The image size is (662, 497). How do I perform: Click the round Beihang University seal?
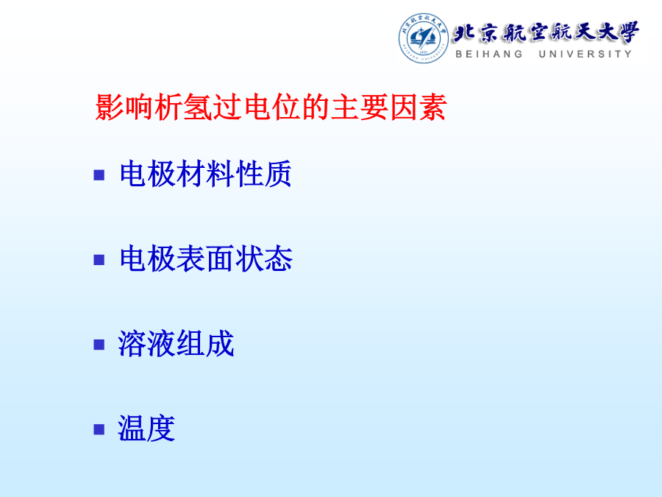pyautogui.click(x=424, y=38)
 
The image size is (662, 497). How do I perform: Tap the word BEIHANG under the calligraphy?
pyautogui.click(x=489, y=54)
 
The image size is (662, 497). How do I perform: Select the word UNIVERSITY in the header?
pyautogui.click(x=586, y=54)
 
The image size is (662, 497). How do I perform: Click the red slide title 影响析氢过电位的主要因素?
pyautogui.click(x=271, y=107)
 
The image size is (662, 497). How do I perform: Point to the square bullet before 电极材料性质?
pyautogui.click(x=99, y=175)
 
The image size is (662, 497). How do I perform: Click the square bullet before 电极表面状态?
pyautogui.click(x=99, y=259)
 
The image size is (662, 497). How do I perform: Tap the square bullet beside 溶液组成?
pyautogui.click(x=99, y=345)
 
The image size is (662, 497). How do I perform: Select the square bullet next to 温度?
pyautogui.click(x=99, y=429)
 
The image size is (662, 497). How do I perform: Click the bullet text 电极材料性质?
pyautogui.click(x=206, y=174)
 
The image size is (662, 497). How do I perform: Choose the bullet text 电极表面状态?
pyautogui.click(x=206, y=258)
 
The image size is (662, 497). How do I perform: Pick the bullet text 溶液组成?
pyautogui.click(x=176, y=344)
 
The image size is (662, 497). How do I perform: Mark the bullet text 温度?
pyautogui.click(x=146, y=428)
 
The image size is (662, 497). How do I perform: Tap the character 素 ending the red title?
pyautogui.click(x=433, y=107)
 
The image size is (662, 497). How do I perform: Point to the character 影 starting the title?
pyautogui.click(x=109, y=107)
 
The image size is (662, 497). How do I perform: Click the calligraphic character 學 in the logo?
pyautogui.click(x=627, y=32)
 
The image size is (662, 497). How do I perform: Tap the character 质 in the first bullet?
pyautogui.click(x=278, y=174)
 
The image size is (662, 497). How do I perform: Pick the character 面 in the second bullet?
pyautogui.click(x=221, y=258)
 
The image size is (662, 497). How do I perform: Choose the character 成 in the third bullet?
pyautogui.click(x=221, y=344)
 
